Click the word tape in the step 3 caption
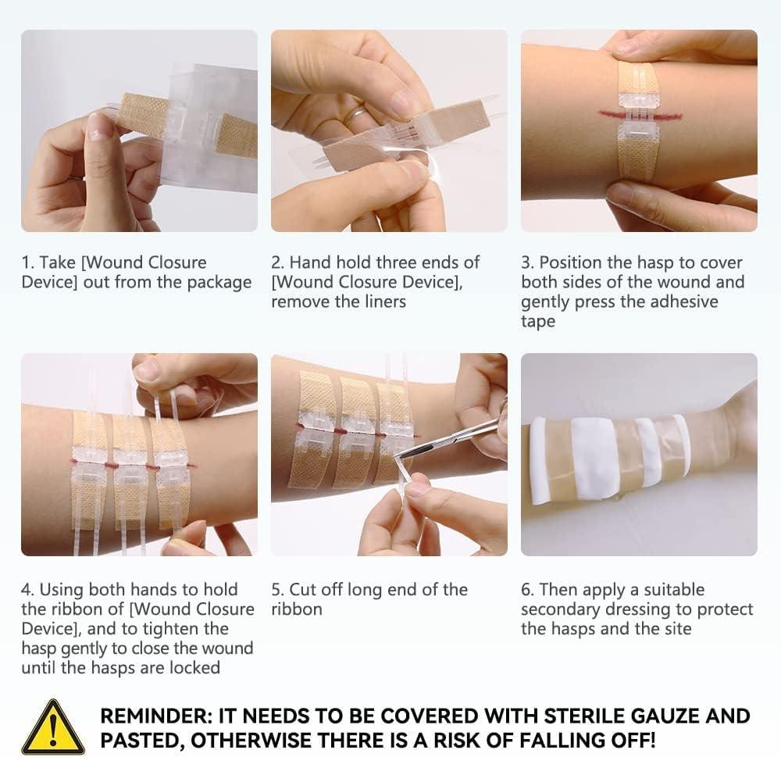coord(538,321)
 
